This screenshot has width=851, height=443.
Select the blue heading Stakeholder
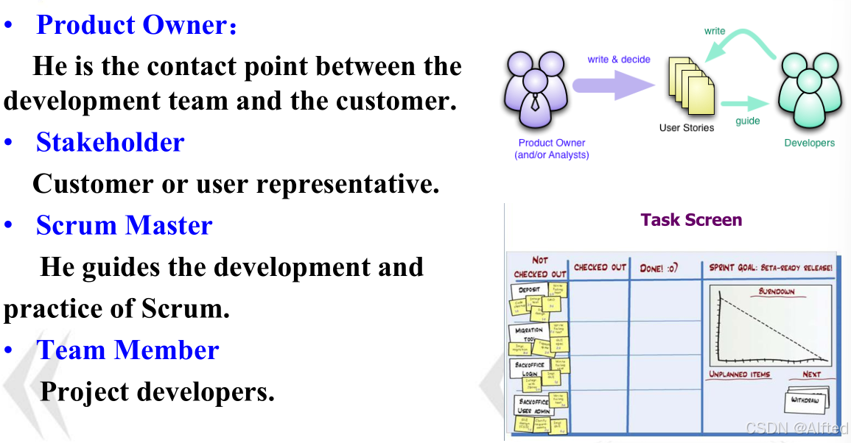pyautogui.click(x=110, y=142)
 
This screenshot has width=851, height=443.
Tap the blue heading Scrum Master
pyautogui.click(x=124, y=225)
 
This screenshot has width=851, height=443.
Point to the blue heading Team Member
pyautogui.click(x=127, y=350)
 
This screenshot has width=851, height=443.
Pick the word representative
pyautogui.click(x=347, y=184)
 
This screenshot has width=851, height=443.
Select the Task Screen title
pyautogui.click(x=691, y=220)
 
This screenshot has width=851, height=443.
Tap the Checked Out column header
pyautogui.click(x=599, y=268)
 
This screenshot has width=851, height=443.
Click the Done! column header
pyautogui.click(x=662, y=269)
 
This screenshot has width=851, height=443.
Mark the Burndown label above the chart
pyautogui.click(x=777, y=291)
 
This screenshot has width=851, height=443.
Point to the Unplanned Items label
pyautogui.click(x=739, y=375)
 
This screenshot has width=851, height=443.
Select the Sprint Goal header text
pyautogui.click(x=771, y=268)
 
